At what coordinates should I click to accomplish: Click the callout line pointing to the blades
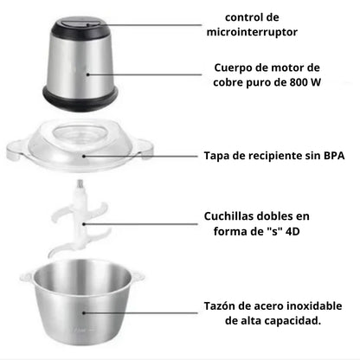click(x=147, y=228)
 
